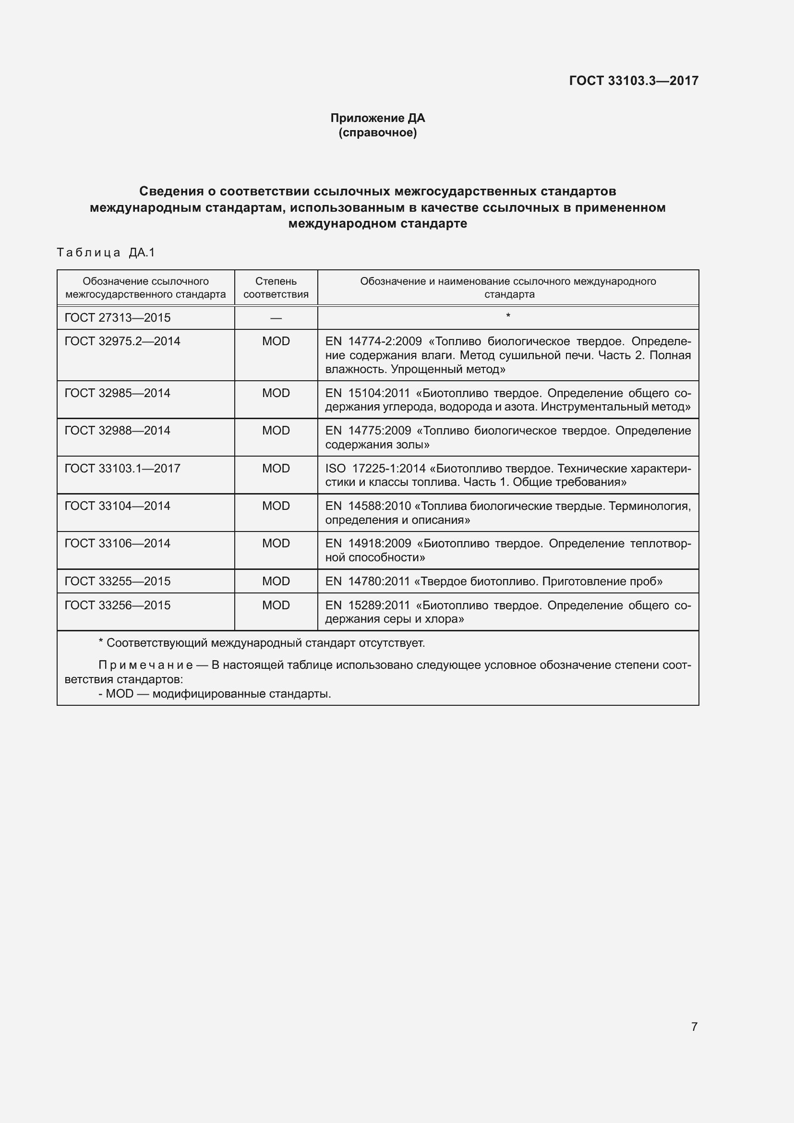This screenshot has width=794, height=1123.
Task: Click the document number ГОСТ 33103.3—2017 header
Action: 634,81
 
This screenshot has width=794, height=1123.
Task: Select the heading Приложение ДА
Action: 377,118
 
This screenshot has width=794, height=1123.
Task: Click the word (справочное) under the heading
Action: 377,133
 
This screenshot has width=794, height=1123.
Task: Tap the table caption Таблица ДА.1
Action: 106,253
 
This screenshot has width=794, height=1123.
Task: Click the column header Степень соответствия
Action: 276,288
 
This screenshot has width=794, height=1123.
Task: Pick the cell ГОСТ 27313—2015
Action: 117,318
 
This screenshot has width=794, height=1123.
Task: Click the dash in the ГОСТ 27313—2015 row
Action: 276,318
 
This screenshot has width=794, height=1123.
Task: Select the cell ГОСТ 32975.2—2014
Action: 122,341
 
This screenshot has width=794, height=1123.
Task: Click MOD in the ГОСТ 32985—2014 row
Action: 276,393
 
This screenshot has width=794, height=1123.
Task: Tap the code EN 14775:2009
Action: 368,431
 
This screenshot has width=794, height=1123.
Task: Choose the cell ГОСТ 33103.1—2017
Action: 122,469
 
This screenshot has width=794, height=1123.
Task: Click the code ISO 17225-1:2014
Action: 375,469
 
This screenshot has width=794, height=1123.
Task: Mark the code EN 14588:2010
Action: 368,506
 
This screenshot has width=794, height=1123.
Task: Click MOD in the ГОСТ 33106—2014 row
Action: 276,543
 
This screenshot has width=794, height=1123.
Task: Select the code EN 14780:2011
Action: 367,581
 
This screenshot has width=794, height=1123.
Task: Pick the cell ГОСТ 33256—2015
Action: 117,605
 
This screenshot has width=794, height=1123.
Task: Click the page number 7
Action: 694,1026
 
